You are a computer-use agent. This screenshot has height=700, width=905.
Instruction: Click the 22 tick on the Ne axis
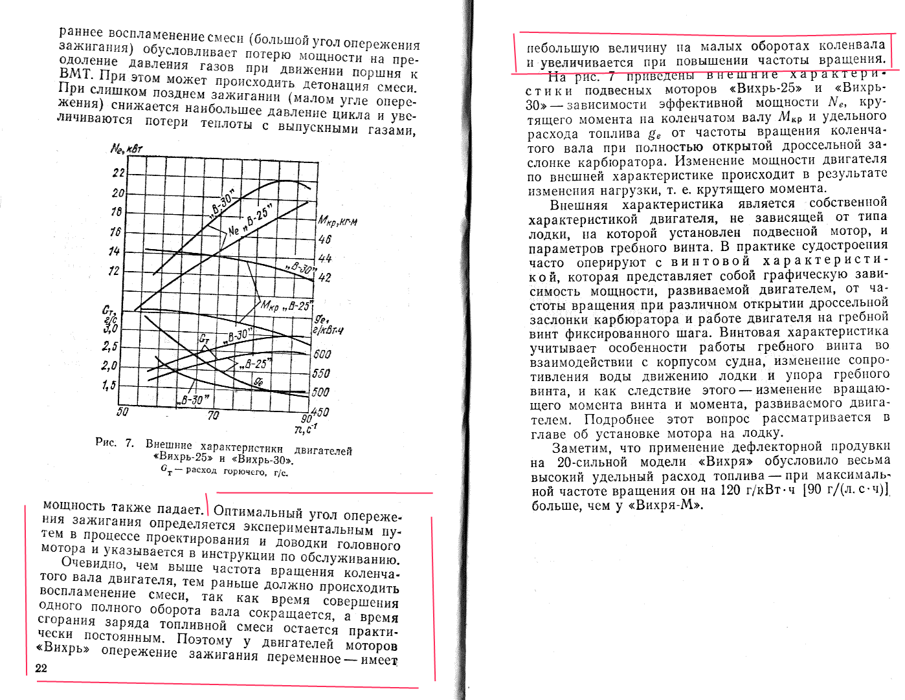pos(118,173)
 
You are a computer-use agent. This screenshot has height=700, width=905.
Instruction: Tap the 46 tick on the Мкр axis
pos(325,239)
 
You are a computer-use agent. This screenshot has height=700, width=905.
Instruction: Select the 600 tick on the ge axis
pos(322,354)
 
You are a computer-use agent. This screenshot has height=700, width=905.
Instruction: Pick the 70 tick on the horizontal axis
pos(213,415)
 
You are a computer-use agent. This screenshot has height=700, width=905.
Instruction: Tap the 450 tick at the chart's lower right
pos(320,412)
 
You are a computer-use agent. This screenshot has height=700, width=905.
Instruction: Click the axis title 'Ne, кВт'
pos(126,149)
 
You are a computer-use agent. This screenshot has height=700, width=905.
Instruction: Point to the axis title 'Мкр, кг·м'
pos(337,222)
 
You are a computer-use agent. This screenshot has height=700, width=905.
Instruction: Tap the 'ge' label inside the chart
pos(258,382)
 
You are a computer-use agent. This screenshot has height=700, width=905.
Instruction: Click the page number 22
pos(41,668)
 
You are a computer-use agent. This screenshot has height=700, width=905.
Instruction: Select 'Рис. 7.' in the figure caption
pos(115,443)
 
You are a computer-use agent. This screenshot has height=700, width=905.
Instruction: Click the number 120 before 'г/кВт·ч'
pos(730,490)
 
